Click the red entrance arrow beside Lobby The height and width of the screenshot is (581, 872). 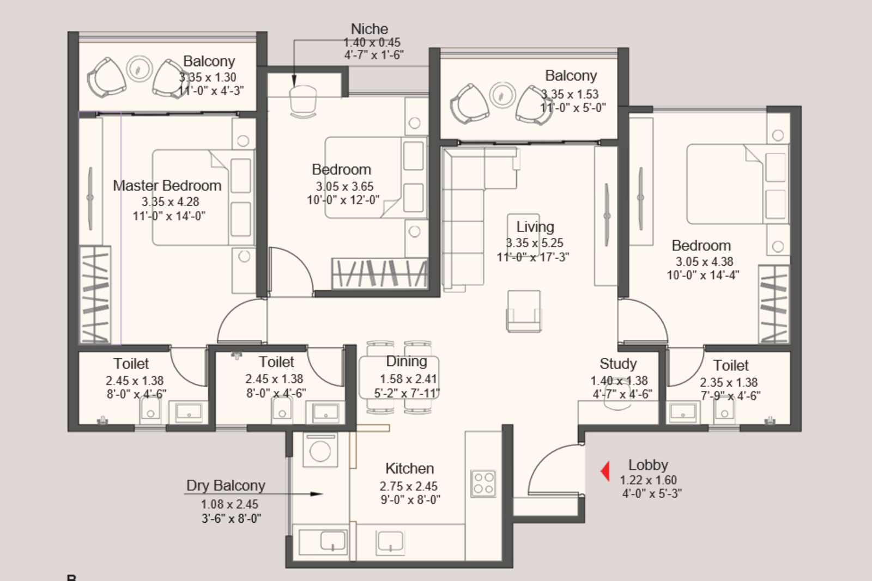click(604, 471)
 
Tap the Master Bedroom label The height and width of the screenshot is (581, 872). click(167, 186)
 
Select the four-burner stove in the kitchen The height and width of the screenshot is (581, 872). click(483, 483)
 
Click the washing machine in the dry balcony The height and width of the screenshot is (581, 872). click(320, 450)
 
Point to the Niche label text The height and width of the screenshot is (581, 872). click(370, 29)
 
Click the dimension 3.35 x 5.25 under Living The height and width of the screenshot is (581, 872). click(534, 243)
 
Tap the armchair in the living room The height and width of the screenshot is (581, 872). click(524, 311)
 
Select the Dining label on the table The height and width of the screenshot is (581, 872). click(407, 362)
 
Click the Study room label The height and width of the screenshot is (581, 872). click(617, 364)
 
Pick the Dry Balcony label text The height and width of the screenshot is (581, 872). click(226, 485)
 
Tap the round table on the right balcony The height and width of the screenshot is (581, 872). click(502, 95)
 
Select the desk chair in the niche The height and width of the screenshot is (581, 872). click(303, 101)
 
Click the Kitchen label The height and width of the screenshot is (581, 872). click(409, 468)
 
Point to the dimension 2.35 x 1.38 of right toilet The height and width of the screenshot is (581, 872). click(729, 382)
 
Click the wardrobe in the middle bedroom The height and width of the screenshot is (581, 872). click(379, 273)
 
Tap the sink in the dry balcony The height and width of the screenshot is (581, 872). click(333, 541)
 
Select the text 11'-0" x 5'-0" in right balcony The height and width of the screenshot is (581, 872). click(573, 108)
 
